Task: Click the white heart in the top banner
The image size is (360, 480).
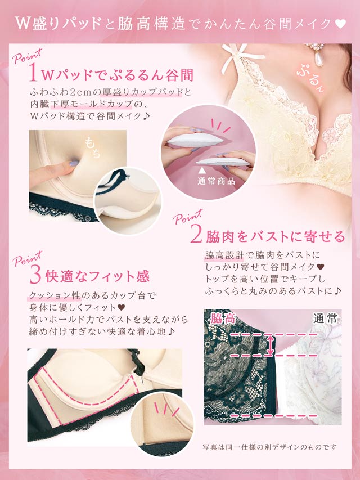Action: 340,24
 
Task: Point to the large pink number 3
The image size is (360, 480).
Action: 35,276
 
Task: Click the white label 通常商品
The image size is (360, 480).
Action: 216,181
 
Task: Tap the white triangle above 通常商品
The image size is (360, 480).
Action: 201,169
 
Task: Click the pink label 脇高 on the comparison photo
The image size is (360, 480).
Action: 223,318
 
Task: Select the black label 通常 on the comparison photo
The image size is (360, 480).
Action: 325,318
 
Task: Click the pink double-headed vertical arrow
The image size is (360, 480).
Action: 269,346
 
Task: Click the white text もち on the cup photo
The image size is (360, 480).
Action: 93,147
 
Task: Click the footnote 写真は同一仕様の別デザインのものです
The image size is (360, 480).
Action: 269,447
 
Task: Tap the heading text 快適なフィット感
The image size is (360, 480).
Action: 98,276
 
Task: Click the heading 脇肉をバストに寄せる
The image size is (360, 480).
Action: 275,236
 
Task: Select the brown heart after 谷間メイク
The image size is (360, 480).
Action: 320,267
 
